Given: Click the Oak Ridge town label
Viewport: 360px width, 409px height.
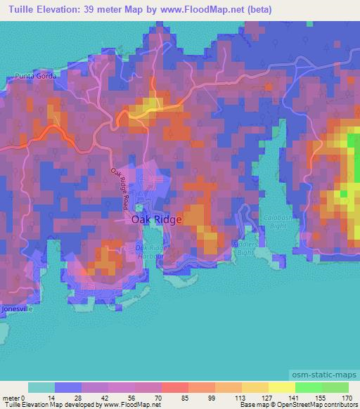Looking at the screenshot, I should [x=157, y=219].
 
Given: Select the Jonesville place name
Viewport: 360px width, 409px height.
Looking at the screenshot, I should [x=16, y=308].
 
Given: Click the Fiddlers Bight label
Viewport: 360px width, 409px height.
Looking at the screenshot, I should [x=245, y=248].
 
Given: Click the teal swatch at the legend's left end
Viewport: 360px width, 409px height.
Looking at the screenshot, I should [x=41, y=387].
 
